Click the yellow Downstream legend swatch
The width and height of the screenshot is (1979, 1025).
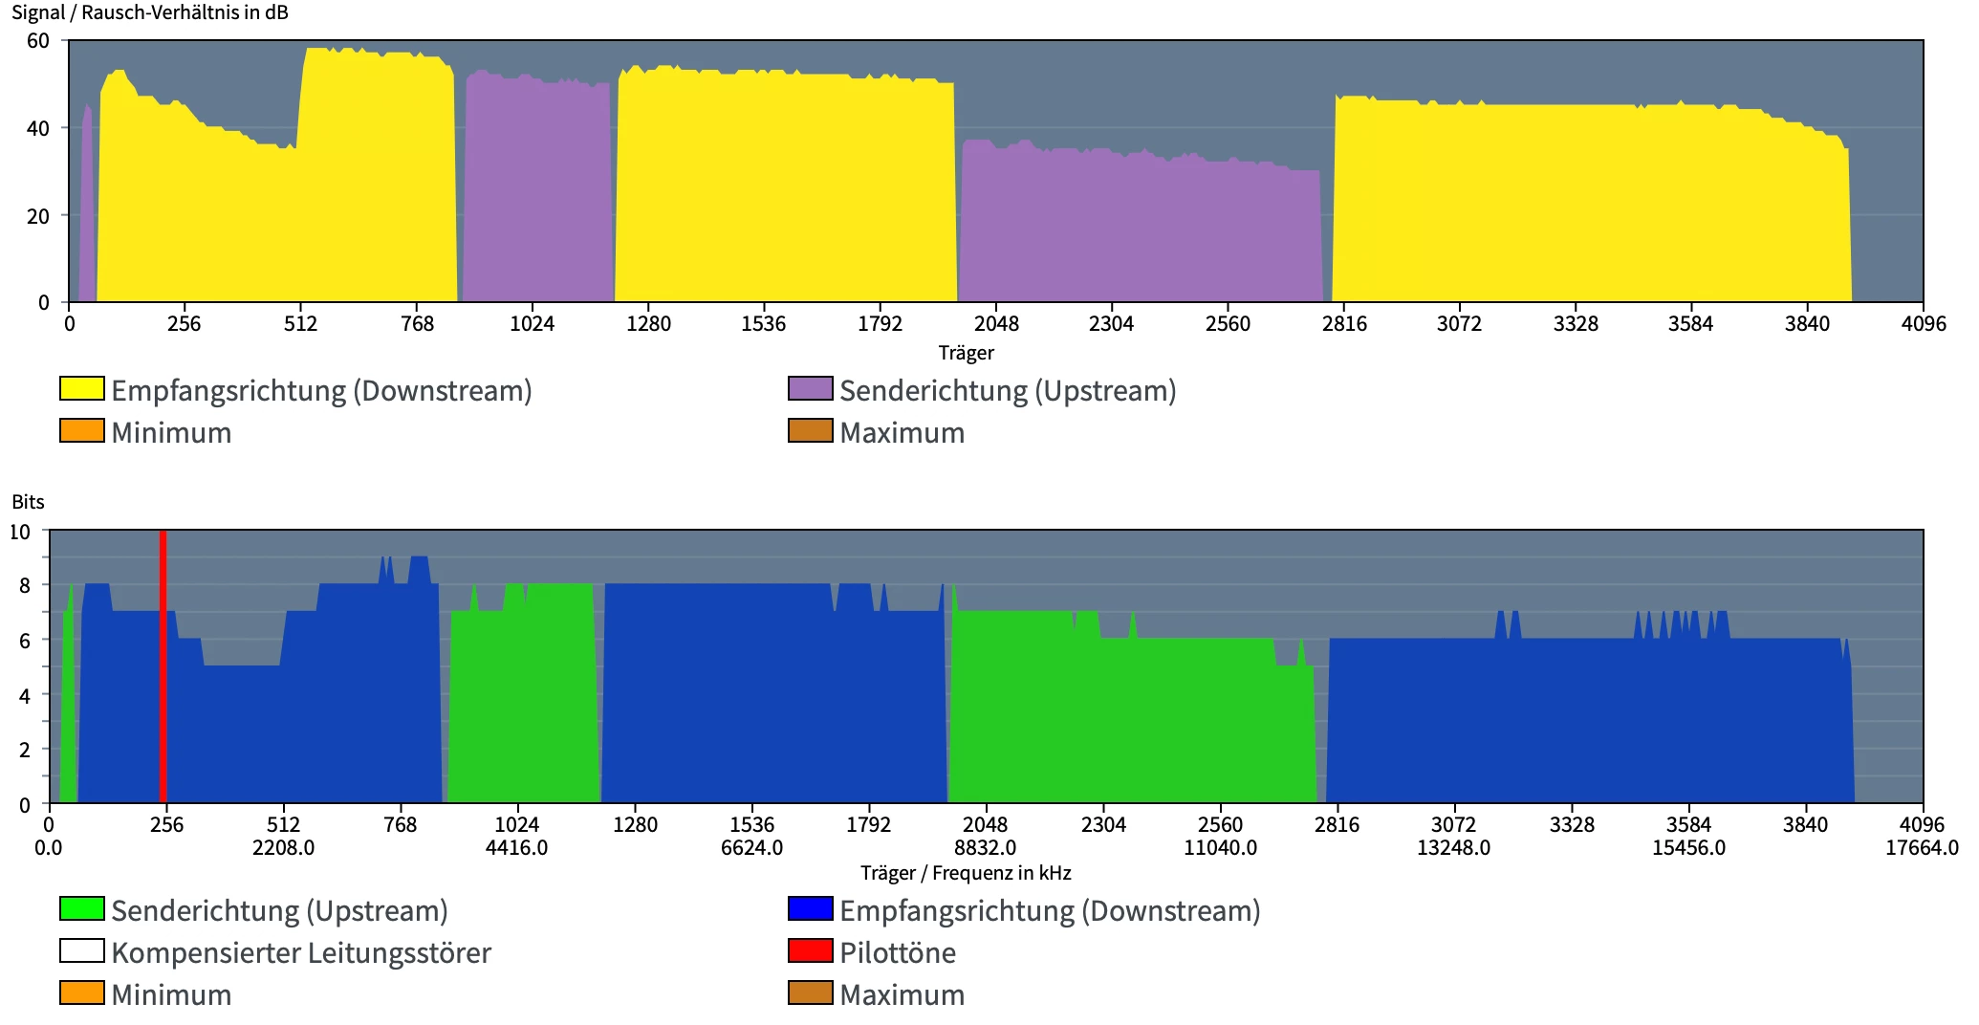coord(82,388)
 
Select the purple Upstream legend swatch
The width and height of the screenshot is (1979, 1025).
coord(810,388)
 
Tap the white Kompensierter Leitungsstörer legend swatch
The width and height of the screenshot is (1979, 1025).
coord(82,950)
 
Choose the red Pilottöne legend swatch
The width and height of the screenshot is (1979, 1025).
coord(810,950)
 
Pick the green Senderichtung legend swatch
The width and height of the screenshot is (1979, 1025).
coord(82,908)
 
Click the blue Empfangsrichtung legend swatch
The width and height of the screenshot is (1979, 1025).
coord(810,908)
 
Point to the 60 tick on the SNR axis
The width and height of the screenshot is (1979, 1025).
coord(37,40)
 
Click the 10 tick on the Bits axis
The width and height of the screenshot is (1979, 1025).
coord(20,532)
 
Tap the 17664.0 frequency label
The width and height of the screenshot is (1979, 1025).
coord(1922,847)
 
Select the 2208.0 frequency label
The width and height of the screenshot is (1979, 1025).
coord(283,847)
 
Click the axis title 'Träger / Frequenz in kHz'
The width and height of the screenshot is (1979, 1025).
coord(966,873)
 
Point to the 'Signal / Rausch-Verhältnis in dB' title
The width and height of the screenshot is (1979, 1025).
coord(150,12)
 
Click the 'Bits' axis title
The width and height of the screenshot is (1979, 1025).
coord(28,502)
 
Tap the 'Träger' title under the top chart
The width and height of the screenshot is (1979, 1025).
coord(966,353)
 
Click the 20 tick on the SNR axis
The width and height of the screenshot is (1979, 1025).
coord(37,216)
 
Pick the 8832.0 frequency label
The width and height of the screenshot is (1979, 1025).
coord(985,847)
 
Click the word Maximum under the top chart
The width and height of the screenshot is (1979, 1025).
coord(902,432)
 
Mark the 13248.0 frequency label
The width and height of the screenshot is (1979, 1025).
coord(1453,847)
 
